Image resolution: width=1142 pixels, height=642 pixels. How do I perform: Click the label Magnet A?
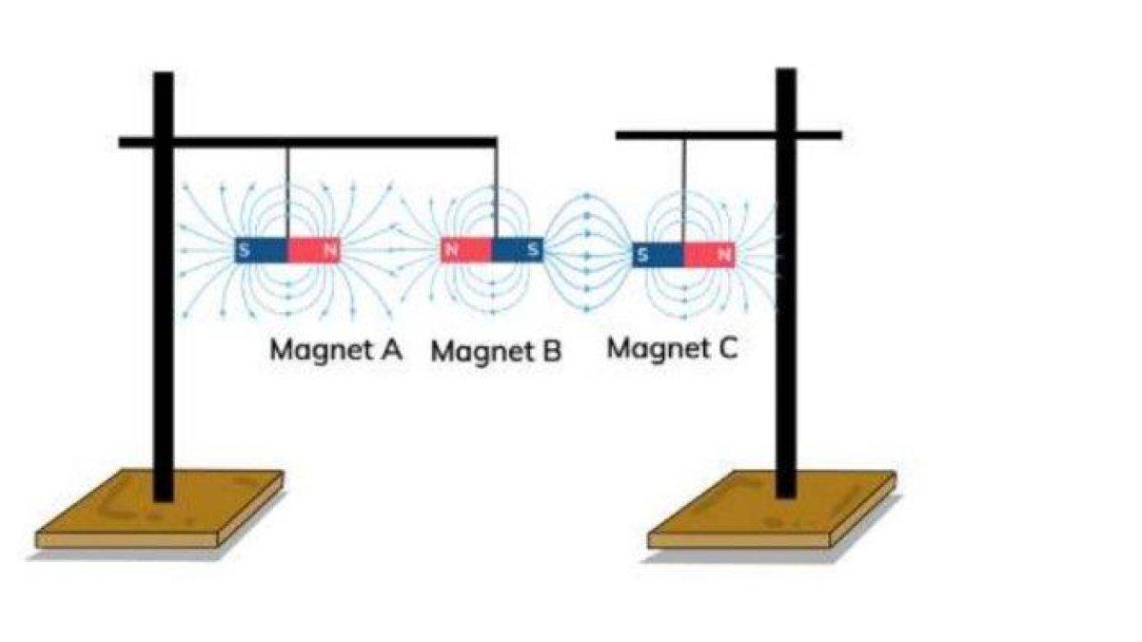click(x=335, y=349)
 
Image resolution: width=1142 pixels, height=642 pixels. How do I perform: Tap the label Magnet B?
click(x=496, y=351)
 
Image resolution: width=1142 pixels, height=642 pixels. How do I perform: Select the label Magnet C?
click(x=672, y=348)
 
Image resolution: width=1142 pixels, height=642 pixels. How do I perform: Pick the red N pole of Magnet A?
click(x=313, y=251)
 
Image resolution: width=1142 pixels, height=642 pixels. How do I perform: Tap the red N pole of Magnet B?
click(x=465, y=250)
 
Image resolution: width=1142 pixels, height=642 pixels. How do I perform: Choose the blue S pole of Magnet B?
click(x=518, y=250)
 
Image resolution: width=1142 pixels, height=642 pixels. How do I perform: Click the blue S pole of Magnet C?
click(x=658, y=255)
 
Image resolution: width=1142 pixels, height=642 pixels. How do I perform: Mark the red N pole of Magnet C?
click(x=709, y=255)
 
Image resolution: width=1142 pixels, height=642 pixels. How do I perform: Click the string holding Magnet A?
click(x=286, y=190)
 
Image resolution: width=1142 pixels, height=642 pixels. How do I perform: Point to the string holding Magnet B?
click(x=496, y=190)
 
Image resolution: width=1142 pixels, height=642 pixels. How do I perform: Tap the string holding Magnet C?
click(x=683, y=190)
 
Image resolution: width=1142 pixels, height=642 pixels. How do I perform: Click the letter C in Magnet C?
click(x=726, y=348)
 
